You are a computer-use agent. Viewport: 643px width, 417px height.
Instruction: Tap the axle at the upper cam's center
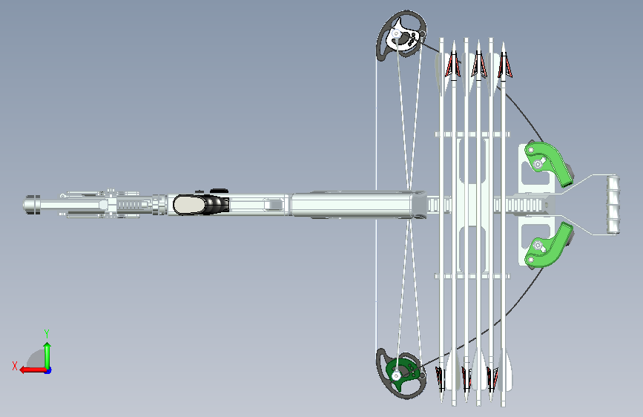click(397, 33)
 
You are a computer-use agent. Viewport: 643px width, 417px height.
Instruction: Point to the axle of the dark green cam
click(396, 375)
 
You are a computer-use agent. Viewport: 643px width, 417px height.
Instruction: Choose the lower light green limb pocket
click(549, 246)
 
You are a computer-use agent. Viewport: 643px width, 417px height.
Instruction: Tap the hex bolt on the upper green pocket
click(538, 165)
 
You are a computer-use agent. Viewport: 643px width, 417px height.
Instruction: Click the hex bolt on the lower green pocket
click(538, 246)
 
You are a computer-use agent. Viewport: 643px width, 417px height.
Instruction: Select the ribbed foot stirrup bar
click(613, 205)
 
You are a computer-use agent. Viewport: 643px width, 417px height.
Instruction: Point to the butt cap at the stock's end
click(31, 205)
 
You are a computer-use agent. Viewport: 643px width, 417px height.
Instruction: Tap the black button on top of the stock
click(219, 191)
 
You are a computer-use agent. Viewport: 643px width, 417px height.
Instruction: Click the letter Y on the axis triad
click(47, 333)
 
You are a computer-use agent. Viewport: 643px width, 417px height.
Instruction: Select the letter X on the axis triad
click(15, 366)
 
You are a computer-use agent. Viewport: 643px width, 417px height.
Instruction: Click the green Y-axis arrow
click(47, 356)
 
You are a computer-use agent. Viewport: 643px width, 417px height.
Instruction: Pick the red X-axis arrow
click(33, 370)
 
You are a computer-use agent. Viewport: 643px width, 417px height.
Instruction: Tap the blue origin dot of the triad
click(48, 370)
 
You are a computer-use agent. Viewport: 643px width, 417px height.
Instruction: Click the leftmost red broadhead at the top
click(452, 65)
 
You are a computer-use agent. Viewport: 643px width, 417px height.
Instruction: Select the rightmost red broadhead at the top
click(504, 65)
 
